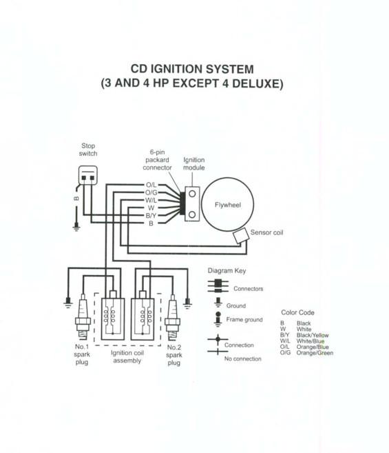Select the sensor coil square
point(241,236)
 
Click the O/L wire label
point(151,185)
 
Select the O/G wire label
point(151,192)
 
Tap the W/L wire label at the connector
point(151,200)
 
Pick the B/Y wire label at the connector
point(151,216)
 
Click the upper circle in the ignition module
point(192,194)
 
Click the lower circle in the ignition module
point(192,214)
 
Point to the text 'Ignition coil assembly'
point(127,356)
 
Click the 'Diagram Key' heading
point(227,271)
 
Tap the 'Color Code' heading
point(298,312)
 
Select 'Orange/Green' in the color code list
point(315,353)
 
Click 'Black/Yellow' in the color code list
point(313,335)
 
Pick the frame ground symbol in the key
point(218,319)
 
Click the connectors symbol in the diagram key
point(218,285)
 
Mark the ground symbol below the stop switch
point(76,227)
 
